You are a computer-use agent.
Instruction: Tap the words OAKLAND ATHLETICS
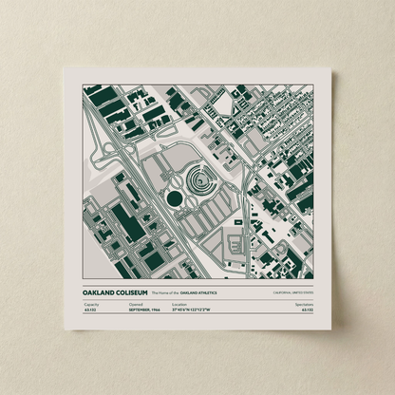coord(206,293)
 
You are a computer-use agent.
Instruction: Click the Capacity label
coord(90,304)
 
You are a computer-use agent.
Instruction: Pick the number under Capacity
coord(90,310)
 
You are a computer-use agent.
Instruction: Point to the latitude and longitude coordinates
coord(196,310)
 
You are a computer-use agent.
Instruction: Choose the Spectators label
coord(304,304)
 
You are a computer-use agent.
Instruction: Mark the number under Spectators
coord(307,310)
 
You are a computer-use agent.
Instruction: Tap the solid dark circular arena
coord(175,197)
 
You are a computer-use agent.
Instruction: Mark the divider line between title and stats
coord(197,299)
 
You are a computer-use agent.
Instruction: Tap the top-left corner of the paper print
coord(67,68)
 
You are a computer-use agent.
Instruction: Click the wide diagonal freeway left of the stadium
coord(142,190)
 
